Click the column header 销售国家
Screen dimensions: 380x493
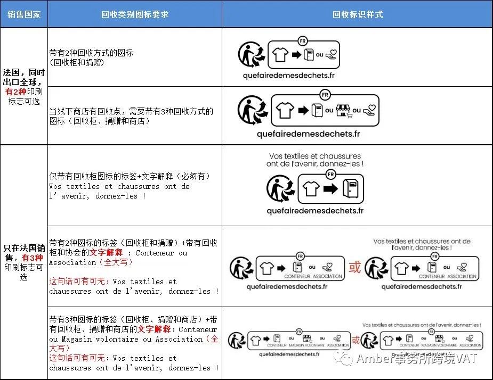23,14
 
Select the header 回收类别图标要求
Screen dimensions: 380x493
134,14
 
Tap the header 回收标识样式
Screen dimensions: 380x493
357,14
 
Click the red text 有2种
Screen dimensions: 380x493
16,92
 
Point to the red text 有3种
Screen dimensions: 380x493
31,258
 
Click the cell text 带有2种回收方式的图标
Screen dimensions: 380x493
91,53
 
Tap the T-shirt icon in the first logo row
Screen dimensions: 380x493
280,54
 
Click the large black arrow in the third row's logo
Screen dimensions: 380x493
331,188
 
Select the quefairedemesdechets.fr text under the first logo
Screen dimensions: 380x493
288,75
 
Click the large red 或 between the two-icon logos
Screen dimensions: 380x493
354,267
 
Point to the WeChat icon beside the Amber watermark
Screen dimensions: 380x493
346,358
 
